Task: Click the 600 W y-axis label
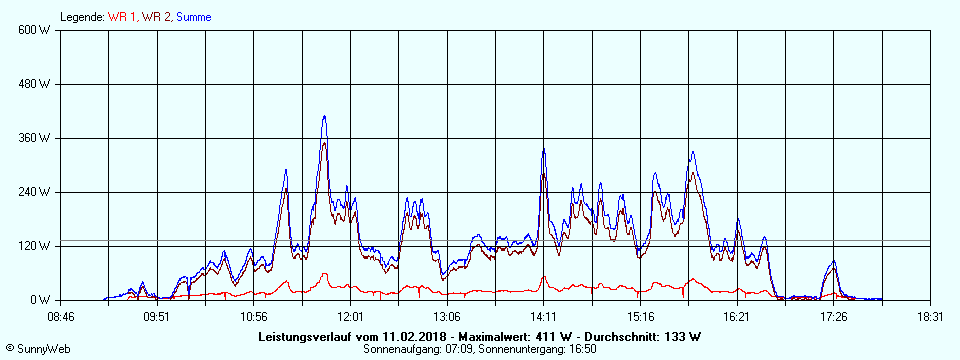35,30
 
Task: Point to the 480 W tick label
35,84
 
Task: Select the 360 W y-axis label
35,138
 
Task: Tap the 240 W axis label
35,192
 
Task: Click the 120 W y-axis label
35,246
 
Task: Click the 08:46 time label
61,316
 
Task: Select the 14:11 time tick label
544,316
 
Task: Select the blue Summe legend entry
193,17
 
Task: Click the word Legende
81,17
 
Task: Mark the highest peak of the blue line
324,116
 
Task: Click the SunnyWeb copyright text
37,349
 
